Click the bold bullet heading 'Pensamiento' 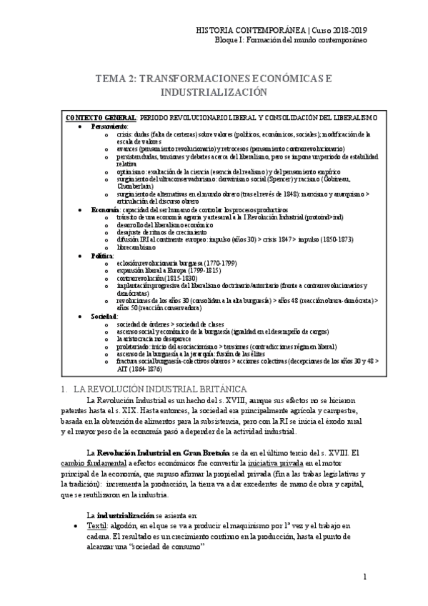(109, 125)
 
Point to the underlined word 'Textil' (98, 525)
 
